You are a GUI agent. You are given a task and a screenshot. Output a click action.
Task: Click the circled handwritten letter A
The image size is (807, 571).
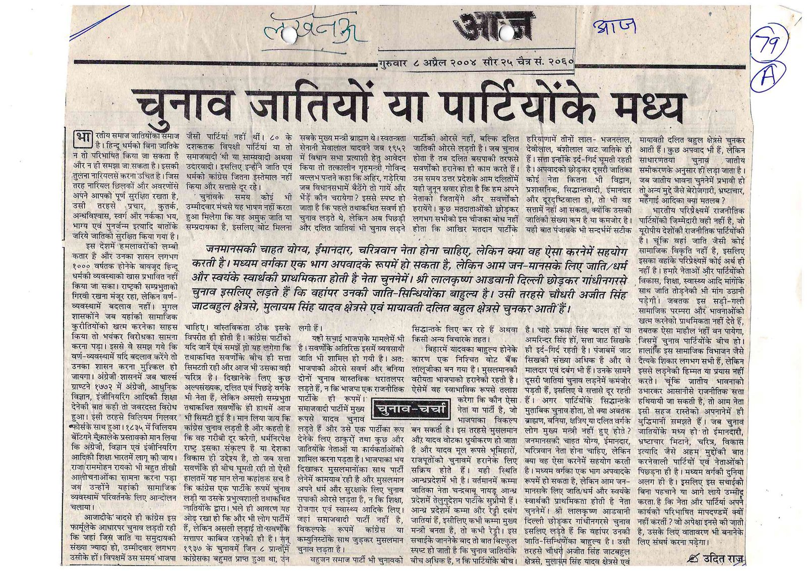tap(768, 78)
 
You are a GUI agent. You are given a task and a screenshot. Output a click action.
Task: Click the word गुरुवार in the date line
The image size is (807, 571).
tap(394, 63)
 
